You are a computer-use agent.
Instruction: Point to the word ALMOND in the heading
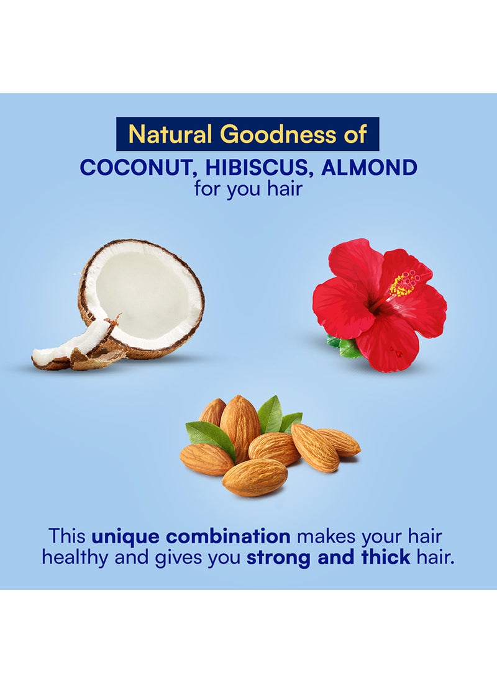click(x=369, y=168)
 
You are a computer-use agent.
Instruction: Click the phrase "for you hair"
click(x=248, y=189)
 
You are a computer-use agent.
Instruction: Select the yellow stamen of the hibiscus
click(x=403, y=284)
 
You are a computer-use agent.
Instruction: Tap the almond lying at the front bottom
click(x=255, y=477)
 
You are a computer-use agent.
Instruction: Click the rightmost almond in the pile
click(x=339, y=441)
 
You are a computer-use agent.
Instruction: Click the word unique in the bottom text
click(x=125, y=536)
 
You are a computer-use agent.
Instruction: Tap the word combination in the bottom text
click(x=229, y=536)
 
